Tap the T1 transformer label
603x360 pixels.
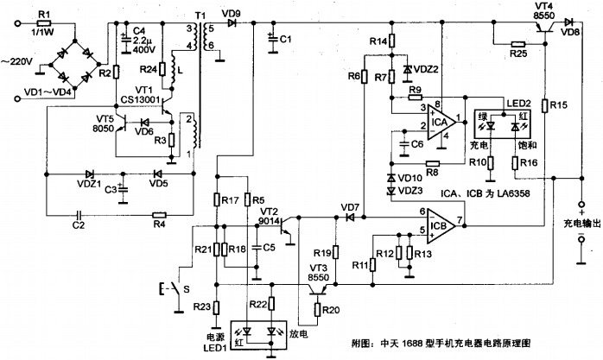click(x=200, y=16)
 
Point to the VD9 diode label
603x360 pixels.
click(x=231, y=13)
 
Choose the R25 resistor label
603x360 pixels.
click(x=518, y=54)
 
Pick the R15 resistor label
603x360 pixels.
click(x=559, y=105)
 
